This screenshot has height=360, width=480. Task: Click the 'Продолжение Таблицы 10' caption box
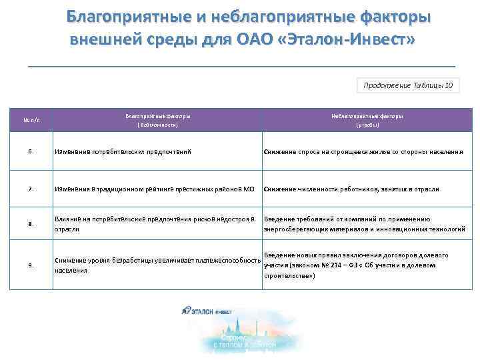click(408, 85)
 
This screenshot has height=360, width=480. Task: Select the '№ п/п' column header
click(31, 120)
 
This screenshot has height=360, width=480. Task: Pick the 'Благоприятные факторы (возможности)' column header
click(157, 120)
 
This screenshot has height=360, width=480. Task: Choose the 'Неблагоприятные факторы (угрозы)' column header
click(367, 120)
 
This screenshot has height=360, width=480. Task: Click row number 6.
click(31, 152)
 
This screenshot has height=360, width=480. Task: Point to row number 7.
click(31, 189)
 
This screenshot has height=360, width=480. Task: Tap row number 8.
click(31, 224)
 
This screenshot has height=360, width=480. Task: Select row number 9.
click(31, 265)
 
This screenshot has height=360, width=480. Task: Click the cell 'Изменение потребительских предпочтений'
click(123, 152)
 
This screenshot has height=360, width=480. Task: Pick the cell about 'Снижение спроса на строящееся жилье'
click(363, 152)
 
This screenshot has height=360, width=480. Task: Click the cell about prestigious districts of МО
click(155, 189)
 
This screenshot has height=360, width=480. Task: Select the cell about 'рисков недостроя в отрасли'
click(155, 224)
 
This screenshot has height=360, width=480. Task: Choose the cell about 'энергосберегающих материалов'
click(364, 224)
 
